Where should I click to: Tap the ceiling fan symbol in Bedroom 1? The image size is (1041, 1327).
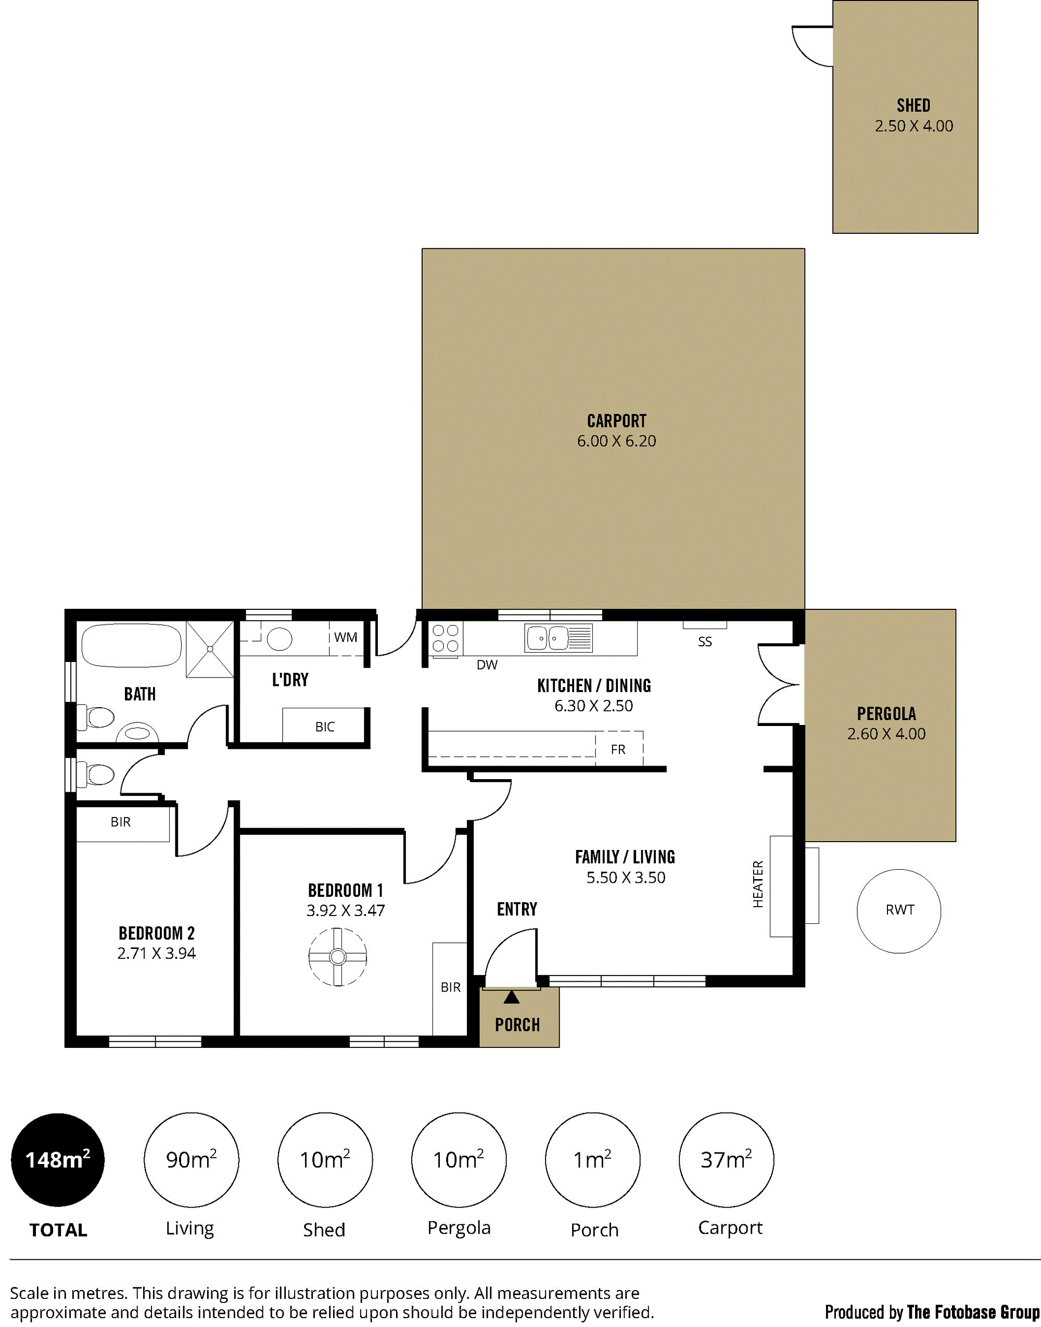338,957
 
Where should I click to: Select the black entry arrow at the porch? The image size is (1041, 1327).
511,997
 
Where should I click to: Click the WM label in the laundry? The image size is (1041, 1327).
346,637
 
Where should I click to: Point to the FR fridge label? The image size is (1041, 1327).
618,749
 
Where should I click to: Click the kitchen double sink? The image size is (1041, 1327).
558,639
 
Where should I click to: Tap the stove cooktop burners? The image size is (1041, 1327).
446,638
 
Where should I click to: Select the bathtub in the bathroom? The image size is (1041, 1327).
132,645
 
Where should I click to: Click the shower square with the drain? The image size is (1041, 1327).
210,649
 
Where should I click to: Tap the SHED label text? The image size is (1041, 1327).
913,106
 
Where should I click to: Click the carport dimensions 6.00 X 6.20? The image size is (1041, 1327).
616,441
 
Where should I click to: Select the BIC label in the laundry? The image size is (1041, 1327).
325,727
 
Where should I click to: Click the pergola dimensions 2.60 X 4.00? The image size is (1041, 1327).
886,734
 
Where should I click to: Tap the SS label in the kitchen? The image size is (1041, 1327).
705,642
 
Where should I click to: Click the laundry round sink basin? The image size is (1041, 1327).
279,639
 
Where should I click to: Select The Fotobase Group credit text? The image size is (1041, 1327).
973,1312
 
